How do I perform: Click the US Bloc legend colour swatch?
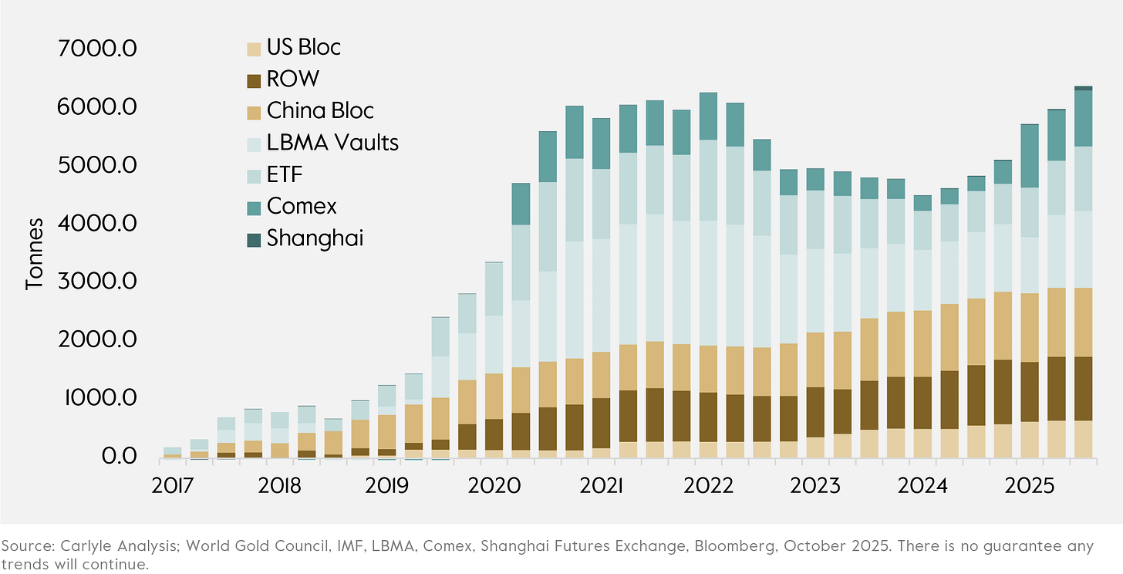tap(253, 48)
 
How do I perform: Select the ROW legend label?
tap(292, 79)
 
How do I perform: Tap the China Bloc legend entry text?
tap(320, 110)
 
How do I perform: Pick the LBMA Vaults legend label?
tap(332, 143)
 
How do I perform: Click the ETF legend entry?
tap(285, 174)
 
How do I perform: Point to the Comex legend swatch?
tap(253, 207)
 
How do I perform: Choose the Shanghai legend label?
tap(315, 238)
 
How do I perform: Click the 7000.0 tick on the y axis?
tap(98, 49)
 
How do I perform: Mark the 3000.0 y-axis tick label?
tap(98, 282)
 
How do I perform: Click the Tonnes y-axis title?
tap(35, 253)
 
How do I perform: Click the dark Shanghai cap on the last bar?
tap(1083, 88)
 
